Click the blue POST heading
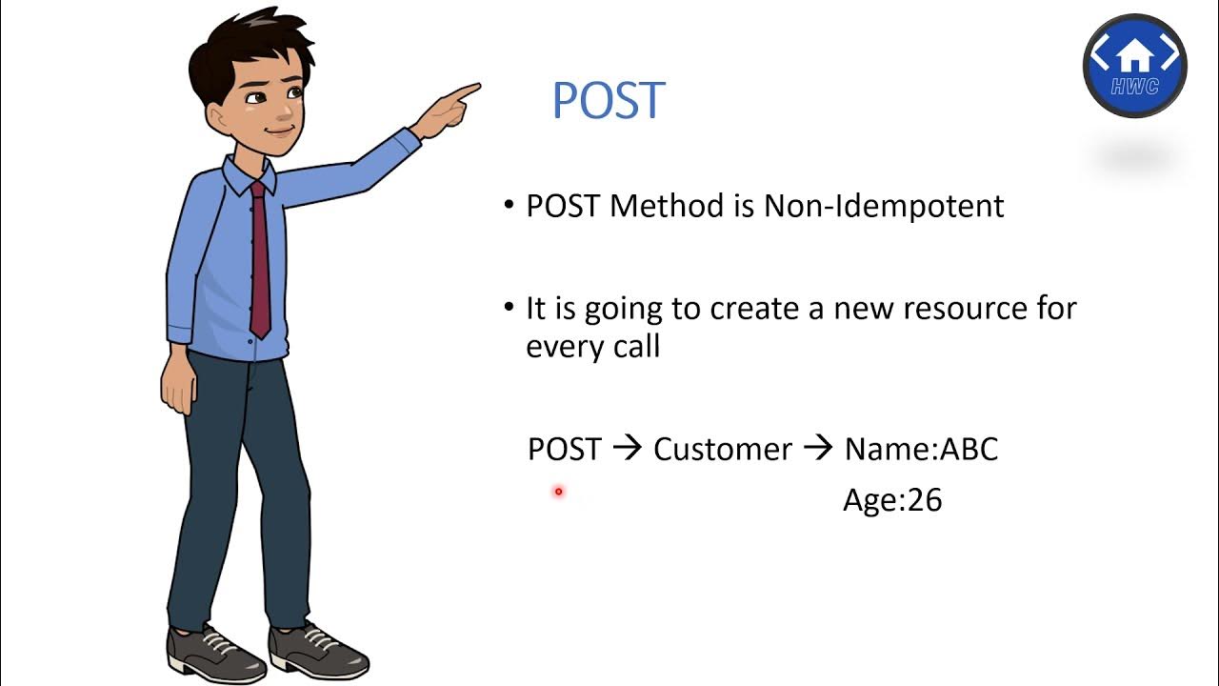pos(608,101)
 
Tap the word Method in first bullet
pos(667,206)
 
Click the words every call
pos(592,346)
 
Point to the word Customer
pos(722,449)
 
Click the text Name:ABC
pos(921,449)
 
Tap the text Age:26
pos(892,500)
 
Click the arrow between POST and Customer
pos(627,449)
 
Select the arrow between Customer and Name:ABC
pos(818,449)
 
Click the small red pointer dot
pos(559,492)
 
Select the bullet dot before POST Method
pos(509,206)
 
